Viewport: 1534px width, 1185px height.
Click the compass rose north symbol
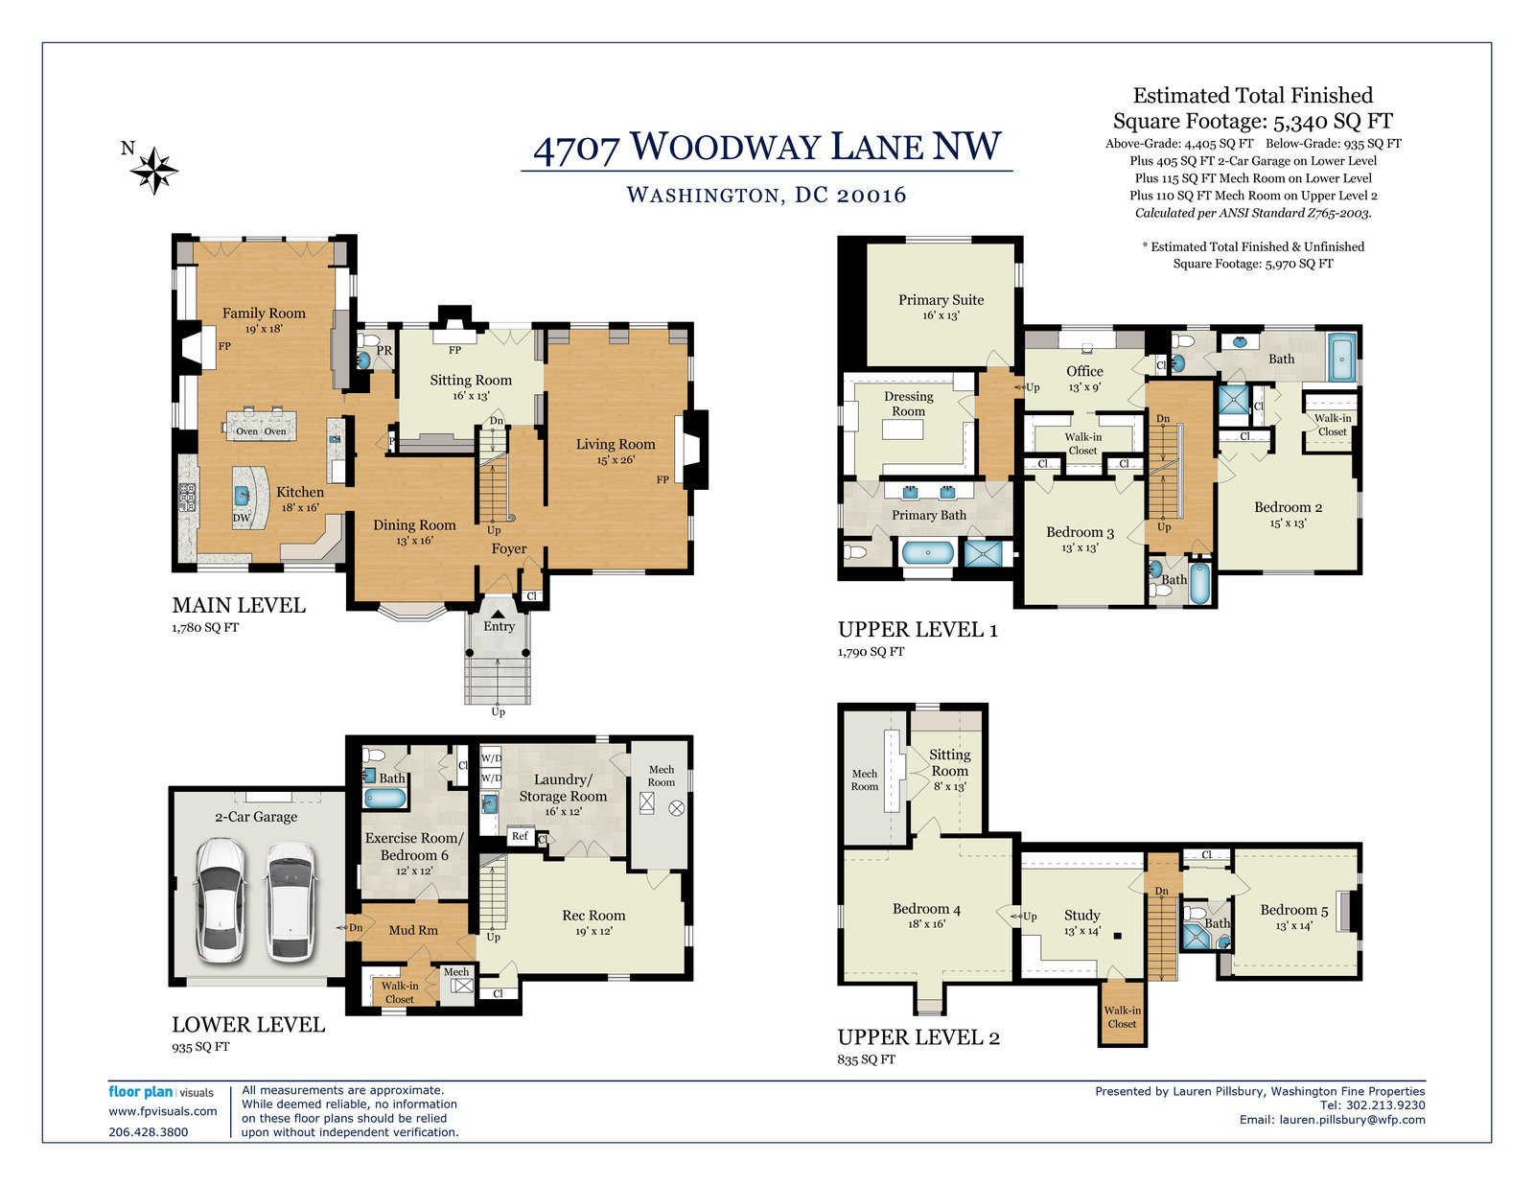(154, 170)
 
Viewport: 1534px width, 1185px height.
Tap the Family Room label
(264, 313)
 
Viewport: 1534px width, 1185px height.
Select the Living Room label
(616, 444)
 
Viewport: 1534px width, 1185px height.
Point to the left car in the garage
(221, 900)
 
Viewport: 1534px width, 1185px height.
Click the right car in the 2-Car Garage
(291, 900)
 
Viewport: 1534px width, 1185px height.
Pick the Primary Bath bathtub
(928, 552)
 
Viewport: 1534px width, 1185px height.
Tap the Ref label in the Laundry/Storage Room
(520, 836)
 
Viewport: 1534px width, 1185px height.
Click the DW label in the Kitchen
(242, 518)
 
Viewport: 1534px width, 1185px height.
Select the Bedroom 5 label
(1294, 910)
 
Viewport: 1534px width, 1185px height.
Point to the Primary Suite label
(941, 299)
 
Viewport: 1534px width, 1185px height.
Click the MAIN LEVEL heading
(239, 605)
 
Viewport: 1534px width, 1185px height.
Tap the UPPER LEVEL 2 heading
(918, 1036)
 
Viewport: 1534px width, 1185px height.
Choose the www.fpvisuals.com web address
(163, 1111)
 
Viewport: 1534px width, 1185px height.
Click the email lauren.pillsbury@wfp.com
(1353, 1120)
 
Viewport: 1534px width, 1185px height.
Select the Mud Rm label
(413, 930)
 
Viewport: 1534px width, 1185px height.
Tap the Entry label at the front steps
(500, 626)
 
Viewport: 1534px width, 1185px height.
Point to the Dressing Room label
(909, 404)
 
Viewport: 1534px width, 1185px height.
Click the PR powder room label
(384, 350)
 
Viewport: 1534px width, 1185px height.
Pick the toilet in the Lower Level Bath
(374, 755)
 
